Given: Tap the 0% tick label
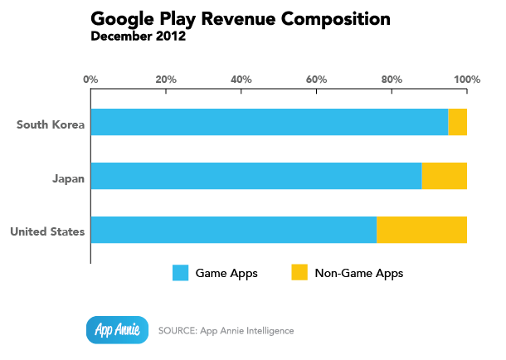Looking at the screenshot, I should point(91,80).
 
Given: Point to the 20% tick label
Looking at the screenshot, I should point(166,80).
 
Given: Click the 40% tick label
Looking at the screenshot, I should point(241,80).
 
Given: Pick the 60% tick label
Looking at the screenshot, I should point(316,80).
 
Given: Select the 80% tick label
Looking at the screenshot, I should point(392,80).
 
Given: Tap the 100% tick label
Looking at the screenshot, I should point(467,80).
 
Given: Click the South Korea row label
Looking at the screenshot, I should point(51,124).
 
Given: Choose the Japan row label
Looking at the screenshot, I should point(68,177).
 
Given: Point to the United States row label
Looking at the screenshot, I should point(47,230).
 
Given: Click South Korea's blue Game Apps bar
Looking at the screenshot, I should point(269,122).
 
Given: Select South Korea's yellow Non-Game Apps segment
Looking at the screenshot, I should point(457,122).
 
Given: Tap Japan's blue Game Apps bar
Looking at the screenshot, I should point(255,176).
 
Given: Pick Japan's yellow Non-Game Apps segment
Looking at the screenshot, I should point(444,176).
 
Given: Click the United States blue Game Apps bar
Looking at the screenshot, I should point(233,230).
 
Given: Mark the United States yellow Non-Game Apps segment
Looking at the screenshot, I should point(421,230).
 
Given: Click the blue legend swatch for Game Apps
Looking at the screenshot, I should point(181,273).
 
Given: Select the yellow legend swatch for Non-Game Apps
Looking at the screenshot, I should point(299,273).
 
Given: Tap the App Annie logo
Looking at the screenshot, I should point(117,329).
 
